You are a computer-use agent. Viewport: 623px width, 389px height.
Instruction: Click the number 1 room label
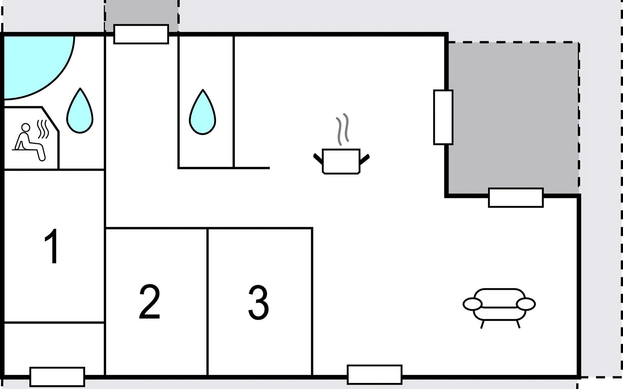52,246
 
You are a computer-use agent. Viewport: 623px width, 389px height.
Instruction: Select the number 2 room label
150,302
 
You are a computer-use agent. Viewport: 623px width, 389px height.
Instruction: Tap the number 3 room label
259,303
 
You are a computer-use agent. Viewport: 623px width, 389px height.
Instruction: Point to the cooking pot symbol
341,161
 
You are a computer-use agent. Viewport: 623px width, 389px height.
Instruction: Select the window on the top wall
141,34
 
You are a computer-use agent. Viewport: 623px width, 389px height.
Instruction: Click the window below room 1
57,377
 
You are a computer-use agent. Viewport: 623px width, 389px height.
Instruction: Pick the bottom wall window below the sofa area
374,374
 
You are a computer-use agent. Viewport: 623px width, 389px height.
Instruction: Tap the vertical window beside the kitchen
443,117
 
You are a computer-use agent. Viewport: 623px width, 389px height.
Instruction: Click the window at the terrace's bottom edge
516,197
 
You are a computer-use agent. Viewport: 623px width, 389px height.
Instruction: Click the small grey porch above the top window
141,13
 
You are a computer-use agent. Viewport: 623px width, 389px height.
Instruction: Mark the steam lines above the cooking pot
342,130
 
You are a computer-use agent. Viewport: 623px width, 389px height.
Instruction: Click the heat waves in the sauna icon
43,129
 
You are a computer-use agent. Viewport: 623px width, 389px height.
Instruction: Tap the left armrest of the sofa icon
472,304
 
